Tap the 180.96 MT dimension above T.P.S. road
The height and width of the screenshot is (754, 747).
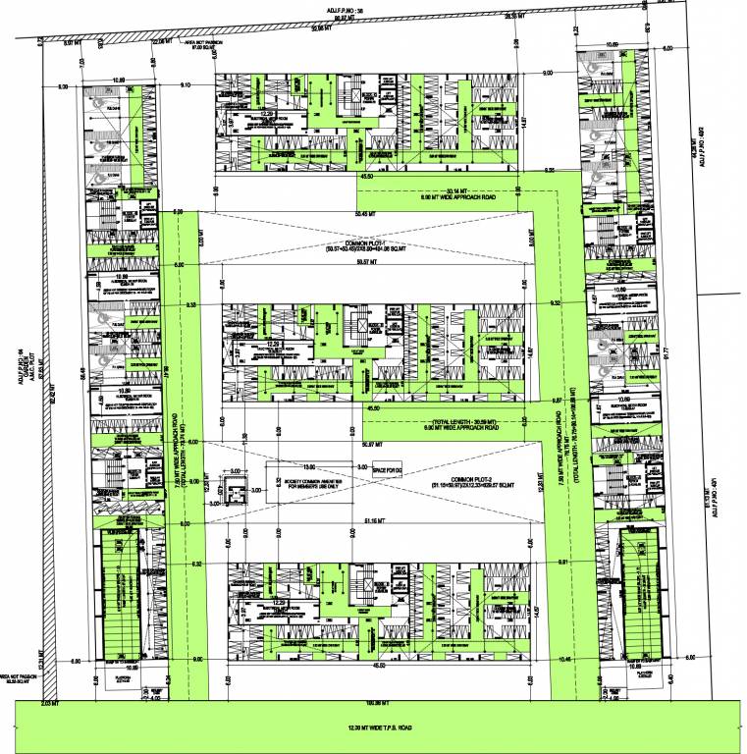371,704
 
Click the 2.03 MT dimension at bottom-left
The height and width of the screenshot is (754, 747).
52,704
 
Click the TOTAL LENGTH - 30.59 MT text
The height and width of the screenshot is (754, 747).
459,421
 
